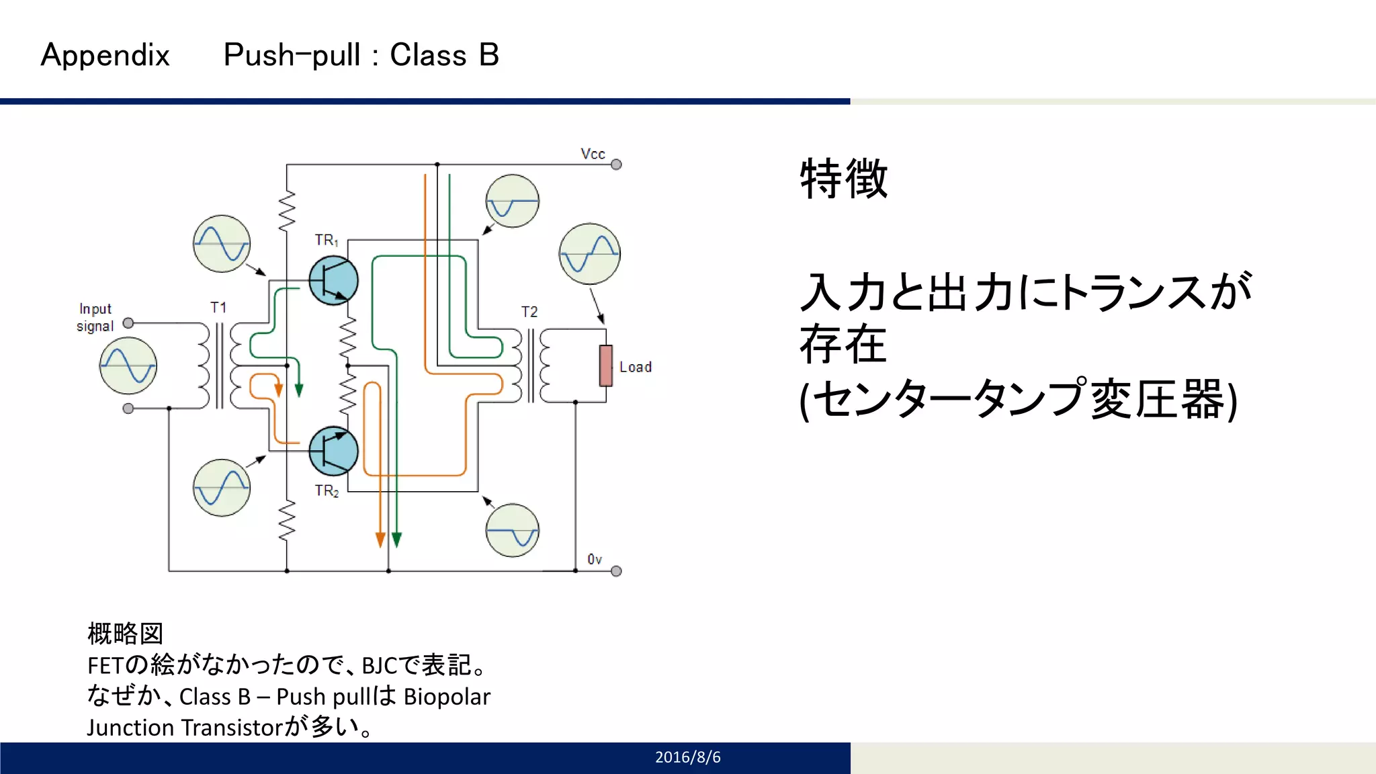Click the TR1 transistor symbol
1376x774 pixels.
coord(333,281)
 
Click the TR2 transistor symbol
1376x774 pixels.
coord(333,451)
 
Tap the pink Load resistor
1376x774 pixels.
coord(606,366)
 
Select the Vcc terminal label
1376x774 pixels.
coord(593,154)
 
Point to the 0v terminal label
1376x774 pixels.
coord(595,559)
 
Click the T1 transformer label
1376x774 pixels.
coord(218,308)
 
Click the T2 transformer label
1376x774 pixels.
coord(529,312)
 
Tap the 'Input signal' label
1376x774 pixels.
coord(95,317)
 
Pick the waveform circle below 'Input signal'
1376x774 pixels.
coord(128,366)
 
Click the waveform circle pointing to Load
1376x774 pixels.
coord(589,254)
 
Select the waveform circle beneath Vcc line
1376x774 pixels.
coord(512,201)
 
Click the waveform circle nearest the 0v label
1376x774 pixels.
coord(512,530)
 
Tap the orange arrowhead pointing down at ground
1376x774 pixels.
coord(380,540)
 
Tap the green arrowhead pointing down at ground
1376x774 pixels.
coord(396,540)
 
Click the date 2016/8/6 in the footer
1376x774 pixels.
coord(687,757)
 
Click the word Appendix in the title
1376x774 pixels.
coord(105,55)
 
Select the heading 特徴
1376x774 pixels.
coord(844,179)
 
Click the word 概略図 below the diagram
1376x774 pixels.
coord(126,634)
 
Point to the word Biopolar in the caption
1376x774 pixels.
coord(447,697)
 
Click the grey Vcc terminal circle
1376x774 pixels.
coord(616,165)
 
